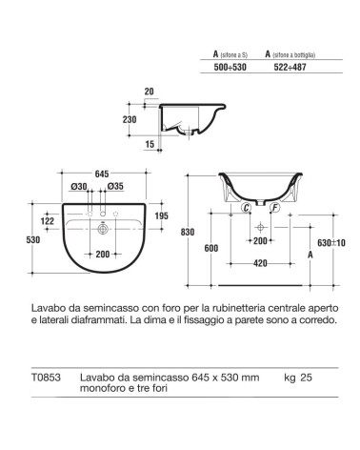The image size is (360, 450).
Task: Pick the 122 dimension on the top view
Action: click(x=47, y=221)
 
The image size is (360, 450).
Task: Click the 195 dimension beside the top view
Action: click(x=161, y=217)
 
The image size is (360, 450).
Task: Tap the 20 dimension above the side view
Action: click(x=148, y=92)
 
